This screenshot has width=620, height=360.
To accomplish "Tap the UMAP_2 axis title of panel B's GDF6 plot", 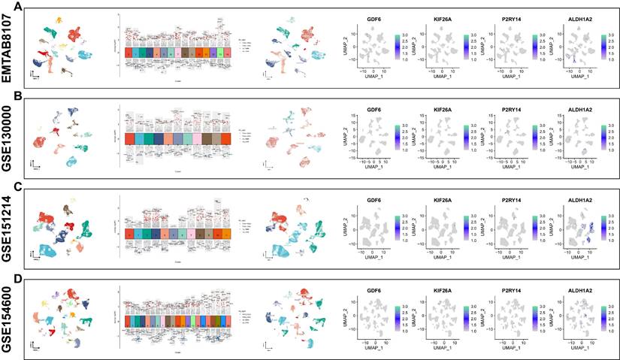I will tap(339, 138).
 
